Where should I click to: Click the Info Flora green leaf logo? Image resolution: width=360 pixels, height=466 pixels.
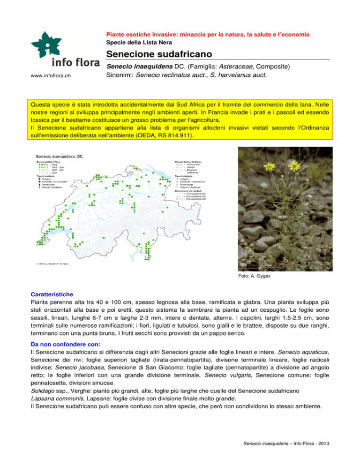point(50,45)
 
